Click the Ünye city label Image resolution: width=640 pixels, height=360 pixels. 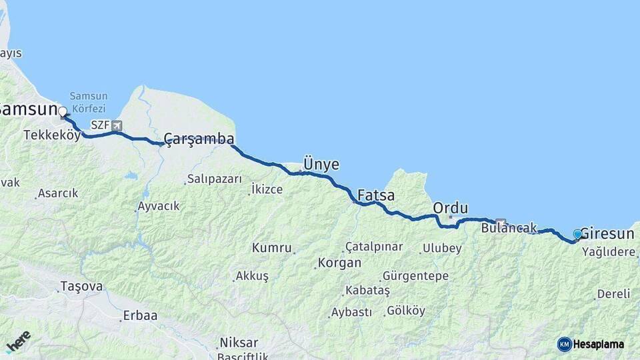[x=321, y=164]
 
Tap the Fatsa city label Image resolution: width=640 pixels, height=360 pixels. [x=375, y=196]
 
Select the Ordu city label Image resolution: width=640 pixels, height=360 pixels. [x=450, y=207]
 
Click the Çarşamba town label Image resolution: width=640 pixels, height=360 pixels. [x=199, y=139]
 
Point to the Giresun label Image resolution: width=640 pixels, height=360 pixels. [x=607, y=233]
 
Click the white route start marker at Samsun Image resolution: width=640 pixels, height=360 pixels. [x=63, y=111]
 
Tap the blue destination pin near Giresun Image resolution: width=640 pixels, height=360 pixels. [x=577, y=234]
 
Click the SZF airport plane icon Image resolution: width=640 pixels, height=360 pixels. [x=117, y=125]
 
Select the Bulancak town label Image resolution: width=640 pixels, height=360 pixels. [x=509, y=228]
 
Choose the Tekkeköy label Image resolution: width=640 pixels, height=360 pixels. [x=52, y=135]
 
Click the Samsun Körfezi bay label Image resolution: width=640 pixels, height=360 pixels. [x=88, y=101]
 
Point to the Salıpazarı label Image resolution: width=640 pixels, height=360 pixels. [x=213, y=179]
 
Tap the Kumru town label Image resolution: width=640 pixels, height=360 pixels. [x=271, y=248]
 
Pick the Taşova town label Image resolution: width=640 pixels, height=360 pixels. [x=81, y=287]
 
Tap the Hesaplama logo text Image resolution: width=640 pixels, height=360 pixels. [x=599, y=344]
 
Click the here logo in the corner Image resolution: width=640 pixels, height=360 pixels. [x=18, y=340]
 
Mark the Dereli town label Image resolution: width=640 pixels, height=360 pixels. [x=613, y=293]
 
